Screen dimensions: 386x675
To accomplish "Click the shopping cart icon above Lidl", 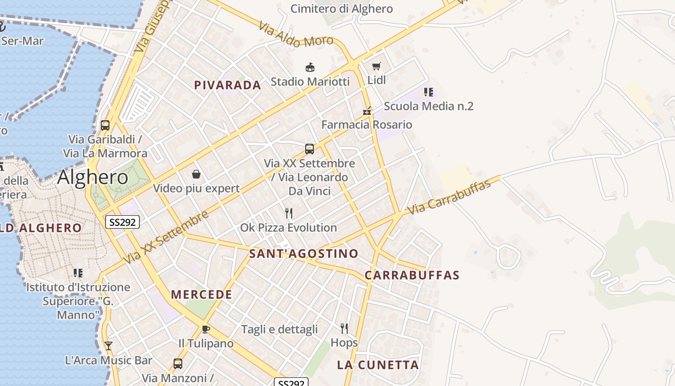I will pos(376,66).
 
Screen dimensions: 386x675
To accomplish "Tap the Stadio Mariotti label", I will pos(310,82).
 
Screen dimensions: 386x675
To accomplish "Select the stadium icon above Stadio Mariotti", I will pos(310,67).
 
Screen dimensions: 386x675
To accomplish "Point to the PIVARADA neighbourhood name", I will pos(228,85).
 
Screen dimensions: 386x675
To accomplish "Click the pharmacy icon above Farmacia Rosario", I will pos(367,111).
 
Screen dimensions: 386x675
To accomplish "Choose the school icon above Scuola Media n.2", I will pos(428,92).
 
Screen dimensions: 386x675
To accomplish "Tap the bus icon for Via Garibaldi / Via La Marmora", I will pos(105,125).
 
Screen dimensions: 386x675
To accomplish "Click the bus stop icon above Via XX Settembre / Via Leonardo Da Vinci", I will pos(310,149).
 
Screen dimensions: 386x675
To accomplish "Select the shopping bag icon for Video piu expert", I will pos(196,174).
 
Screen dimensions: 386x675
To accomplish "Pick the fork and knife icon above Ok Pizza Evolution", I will pos(289,213).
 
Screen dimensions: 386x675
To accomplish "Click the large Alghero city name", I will pos(93,178).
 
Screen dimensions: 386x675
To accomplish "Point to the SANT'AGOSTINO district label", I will pos(304,254).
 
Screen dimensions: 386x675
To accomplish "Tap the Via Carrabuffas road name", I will pos(449,198).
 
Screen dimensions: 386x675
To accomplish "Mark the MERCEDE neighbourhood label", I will pos(202,295).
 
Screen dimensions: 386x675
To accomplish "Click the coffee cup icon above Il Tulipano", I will pos(206,329).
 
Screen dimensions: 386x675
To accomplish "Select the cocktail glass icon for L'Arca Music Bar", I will pos(108,345).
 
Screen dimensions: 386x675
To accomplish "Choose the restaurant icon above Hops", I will pos(344,329).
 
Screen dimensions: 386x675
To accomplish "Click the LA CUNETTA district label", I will pos(378,365).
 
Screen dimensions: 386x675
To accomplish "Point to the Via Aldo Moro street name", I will pos(296,35).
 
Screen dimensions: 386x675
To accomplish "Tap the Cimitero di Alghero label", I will pos(341,9).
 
